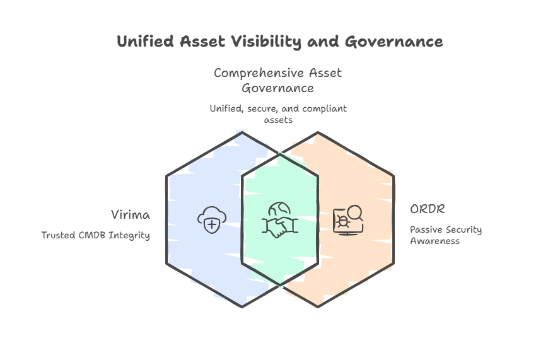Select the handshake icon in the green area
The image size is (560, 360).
pos(280,226)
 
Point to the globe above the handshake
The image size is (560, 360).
pos(278,209)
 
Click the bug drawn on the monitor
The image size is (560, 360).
pos(342,221)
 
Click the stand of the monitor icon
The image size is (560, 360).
pos(345,234)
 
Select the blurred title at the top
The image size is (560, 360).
pos(280,43)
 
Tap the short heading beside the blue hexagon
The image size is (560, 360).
pos(131,215)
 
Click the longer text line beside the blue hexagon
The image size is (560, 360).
pos(96,235)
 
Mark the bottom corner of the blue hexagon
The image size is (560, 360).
pos(243,306)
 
